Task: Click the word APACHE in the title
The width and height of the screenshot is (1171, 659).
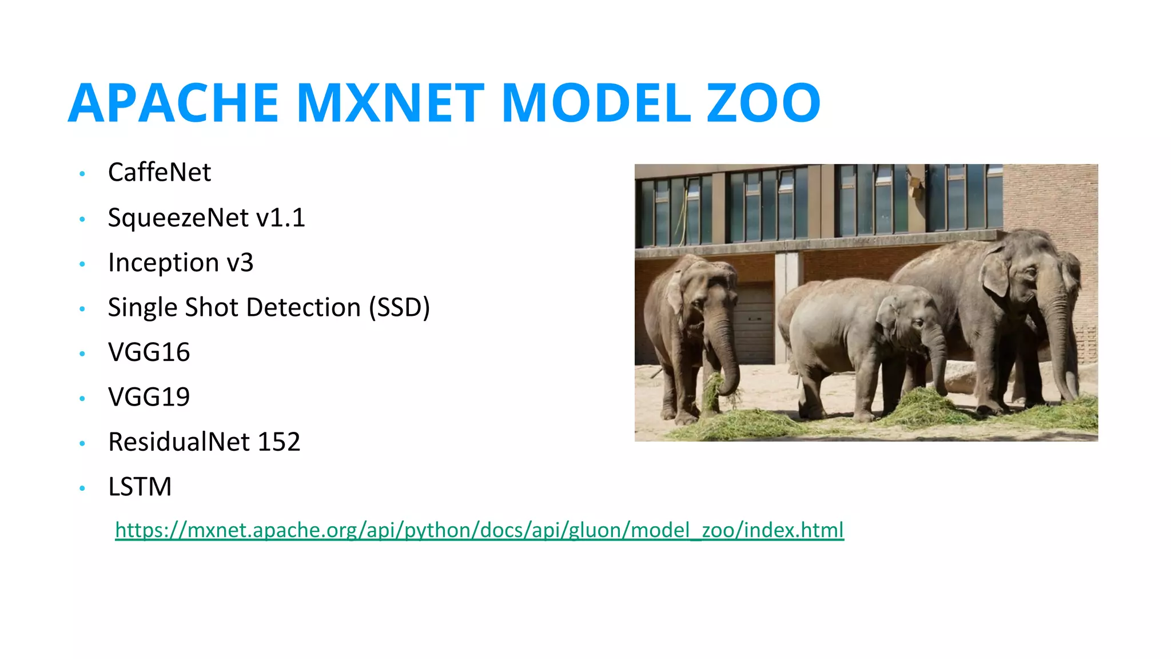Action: click(173, 103)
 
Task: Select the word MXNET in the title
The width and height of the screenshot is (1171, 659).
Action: click(391, 103)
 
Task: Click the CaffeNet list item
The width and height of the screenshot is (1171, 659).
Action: click(160, 172)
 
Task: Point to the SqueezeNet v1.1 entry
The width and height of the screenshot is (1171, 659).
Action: click(206, 217)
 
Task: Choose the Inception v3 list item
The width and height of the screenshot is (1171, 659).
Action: click(181, 263)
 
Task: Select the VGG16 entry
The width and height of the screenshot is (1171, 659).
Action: click(149, 352)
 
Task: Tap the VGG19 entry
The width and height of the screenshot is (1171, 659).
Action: click(149, 397)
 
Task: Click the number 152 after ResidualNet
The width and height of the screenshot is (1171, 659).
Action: click(278, 442)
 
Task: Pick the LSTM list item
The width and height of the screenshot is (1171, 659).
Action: click(140, 487)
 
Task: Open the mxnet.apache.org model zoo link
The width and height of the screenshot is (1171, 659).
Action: click(479, 530)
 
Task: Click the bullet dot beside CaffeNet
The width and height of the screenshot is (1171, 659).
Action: click(82, 173)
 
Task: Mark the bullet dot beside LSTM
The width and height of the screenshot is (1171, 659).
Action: click(82, 488)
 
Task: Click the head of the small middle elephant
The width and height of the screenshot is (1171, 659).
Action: click(909, 320)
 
